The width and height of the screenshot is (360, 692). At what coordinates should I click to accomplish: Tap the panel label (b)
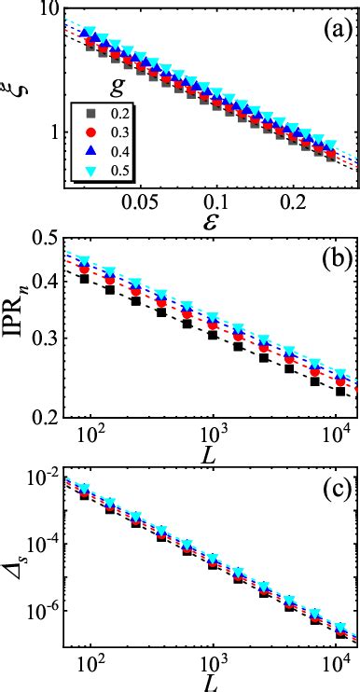[x=331, y=256]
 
